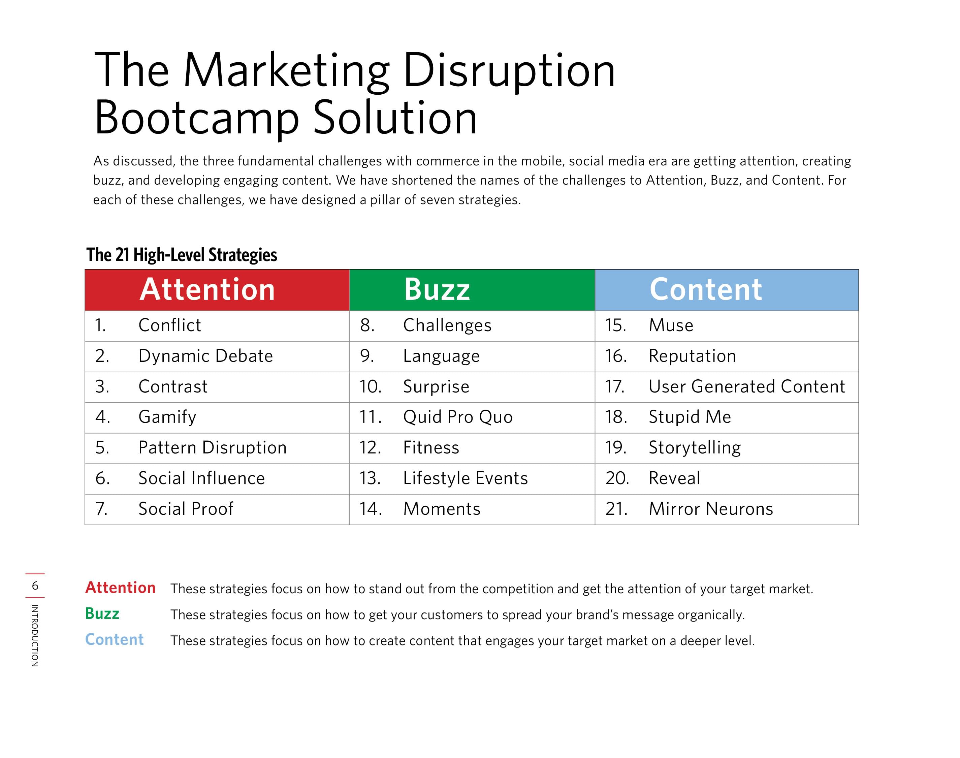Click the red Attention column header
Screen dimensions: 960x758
click(217, 290)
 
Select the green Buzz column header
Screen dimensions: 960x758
click(472, 290)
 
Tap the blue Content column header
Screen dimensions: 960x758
click(727, 290)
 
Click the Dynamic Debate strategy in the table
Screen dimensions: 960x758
click(205, 356)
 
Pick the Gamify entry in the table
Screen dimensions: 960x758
click(167, 417)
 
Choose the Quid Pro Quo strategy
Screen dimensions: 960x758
click(458, 417)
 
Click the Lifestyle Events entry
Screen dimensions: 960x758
click(466, 478)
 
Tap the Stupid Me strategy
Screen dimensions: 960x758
click(690, 417)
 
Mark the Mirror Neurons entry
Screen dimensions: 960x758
click(711, 509)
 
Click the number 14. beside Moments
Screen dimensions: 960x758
click(371, 509)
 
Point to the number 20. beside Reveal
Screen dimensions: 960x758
click(617, 478)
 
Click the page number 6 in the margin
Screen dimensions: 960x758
click(35, 586)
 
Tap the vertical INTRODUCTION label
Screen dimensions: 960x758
click(35, 635)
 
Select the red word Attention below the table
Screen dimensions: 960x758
click(120, 588)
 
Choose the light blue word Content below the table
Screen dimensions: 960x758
click(115, 639)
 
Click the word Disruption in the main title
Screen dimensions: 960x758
click(509, 71)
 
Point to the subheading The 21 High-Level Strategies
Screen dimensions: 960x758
click(182, 255)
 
